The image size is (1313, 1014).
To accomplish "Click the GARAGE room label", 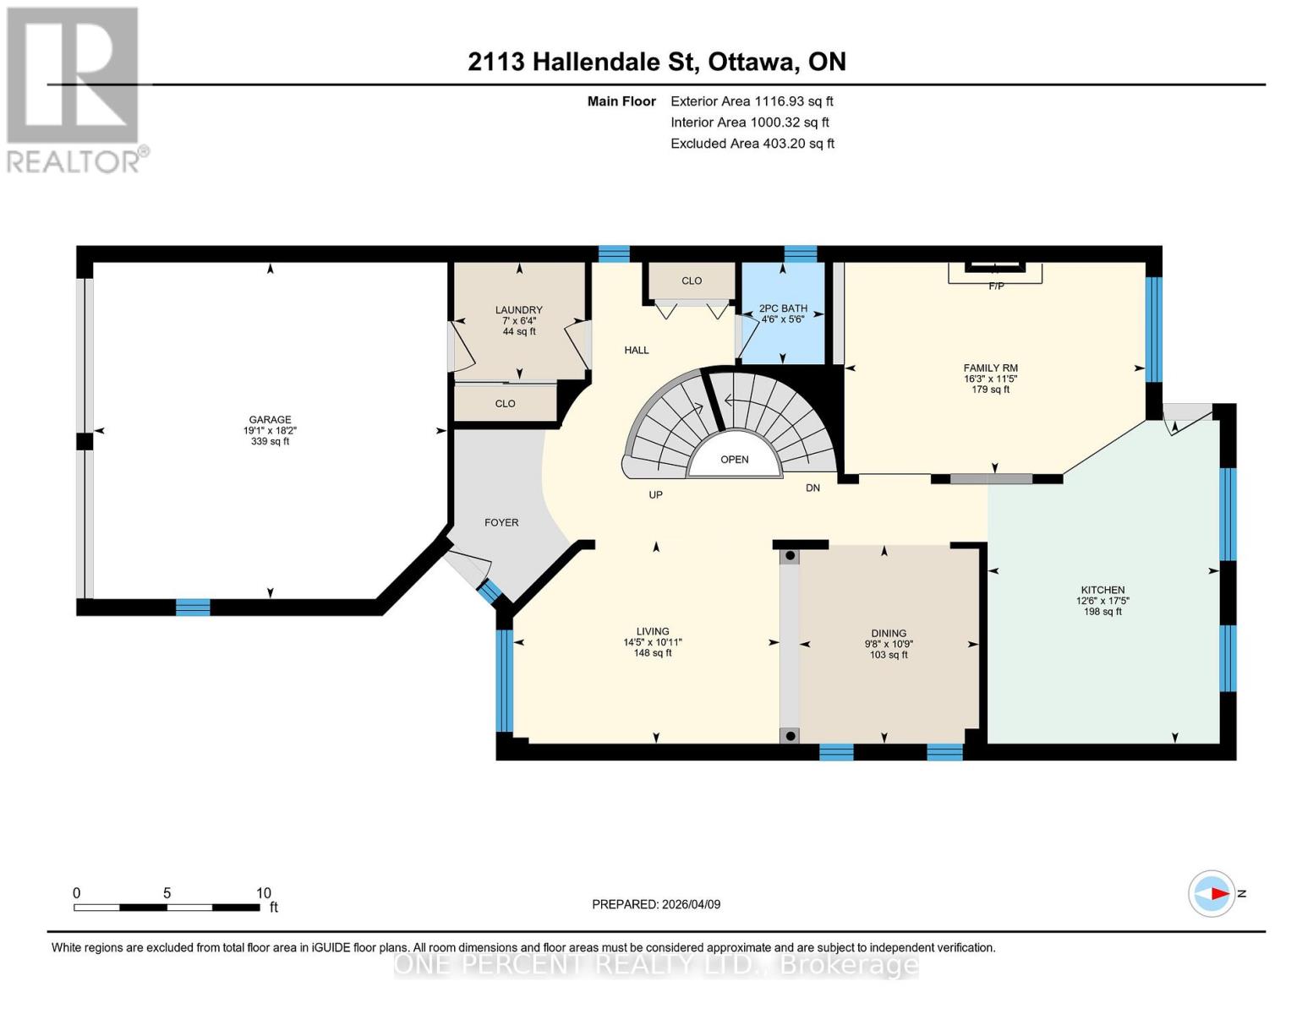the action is tap(270, 419).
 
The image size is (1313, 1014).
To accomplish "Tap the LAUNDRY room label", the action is tap(519, 310).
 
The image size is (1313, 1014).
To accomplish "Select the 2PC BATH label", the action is tap(783, 308).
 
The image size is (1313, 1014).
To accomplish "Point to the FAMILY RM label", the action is tap(990, 368).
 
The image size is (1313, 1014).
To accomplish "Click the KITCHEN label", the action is tap(1102, 590).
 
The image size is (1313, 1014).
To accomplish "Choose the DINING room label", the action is tap(889, 633).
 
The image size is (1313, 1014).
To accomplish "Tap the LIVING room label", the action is tap(653, 631).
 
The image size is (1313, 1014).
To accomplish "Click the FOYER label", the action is tap(501, 522).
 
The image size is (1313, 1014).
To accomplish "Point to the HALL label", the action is tap(637, 350).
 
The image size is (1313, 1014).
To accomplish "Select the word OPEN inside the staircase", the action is tap(734, 460).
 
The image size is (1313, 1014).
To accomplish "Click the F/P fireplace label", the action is tap(997, 286).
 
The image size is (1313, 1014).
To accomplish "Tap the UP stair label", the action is tap(655, 494).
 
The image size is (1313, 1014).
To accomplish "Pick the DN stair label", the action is tap(812, 488).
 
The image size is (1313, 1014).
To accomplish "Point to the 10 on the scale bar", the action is tap(264, 892).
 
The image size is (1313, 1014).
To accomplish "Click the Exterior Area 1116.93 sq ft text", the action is tap(752, 101).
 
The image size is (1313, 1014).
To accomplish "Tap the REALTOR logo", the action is tap(75, 90).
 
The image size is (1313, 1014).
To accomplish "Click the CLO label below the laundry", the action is tap(505, 403).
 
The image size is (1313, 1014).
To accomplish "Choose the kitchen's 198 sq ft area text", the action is tap(1102, 611).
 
